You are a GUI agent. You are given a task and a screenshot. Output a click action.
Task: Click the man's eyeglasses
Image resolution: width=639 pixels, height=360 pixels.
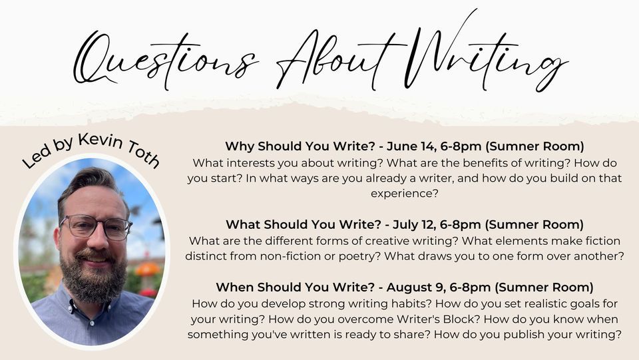coord(97,227)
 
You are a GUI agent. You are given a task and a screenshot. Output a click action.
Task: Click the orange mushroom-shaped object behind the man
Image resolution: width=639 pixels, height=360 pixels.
coord(147,270)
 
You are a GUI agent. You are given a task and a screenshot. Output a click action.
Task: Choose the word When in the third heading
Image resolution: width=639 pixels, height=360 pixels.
coord(235,287)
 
